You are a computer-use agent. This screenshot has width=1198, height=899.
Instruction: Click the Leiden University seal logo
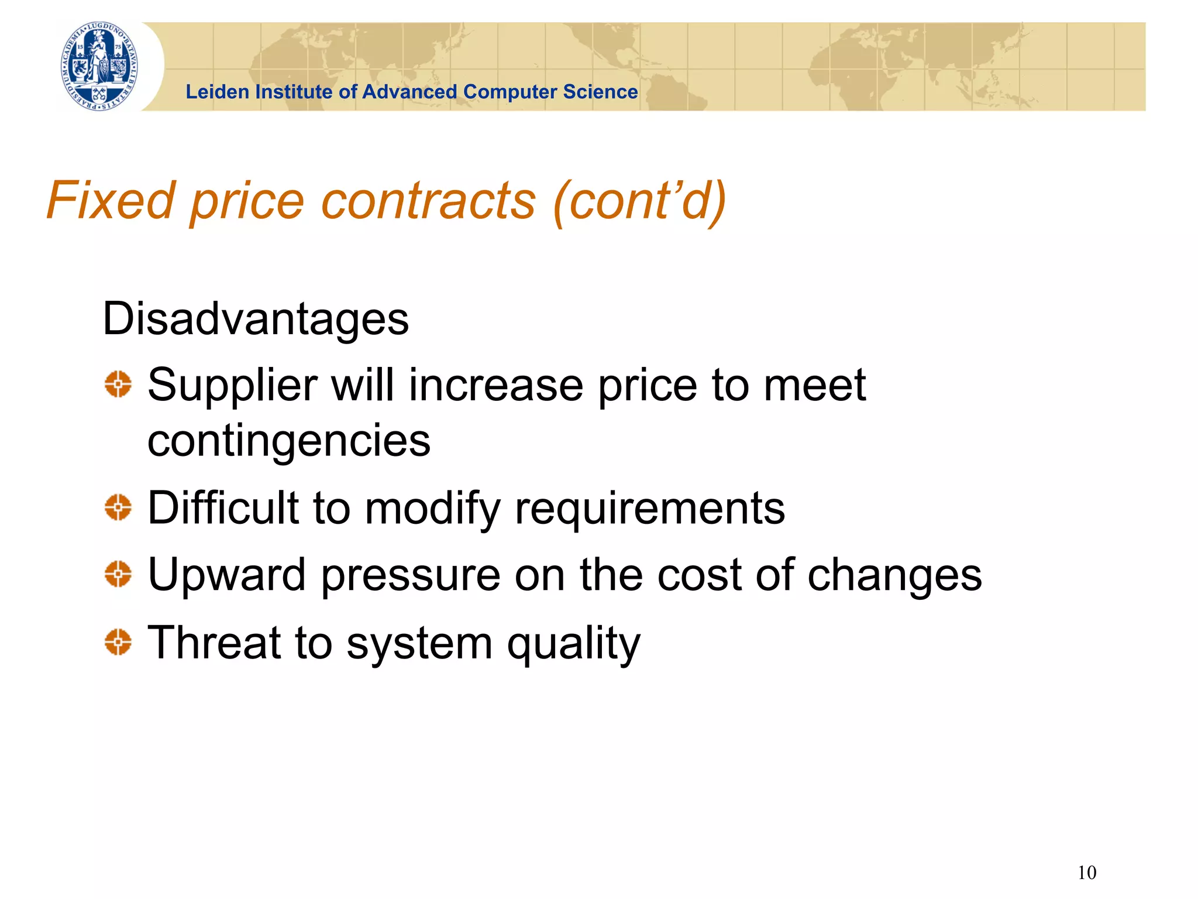point(100,66)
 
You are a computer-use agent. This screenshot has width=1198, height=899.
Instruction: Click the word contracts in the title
point(429,200)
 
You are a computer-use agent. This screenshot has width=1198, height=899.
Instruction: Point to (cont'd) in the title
point(639,200)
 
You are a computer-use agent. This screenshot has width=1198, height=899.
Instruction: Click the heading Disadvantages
point(256,319)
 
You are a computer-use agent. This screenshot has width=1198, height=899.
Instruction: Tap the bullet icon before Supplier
point(118,385)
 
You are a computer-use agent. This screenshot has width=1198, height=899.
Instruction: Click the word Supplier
point(232,386)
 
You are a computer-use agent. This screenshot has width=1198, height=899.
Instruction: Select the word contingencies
point(288,441)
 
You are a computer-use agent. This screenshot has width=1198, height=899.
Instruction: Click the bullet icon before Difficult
point(118,507)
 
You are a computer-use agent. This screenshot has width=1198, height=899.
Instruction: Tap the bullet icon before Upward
point(118,574)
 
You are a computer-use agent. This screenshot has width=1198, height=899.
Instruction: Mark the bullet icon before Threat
point(118,641)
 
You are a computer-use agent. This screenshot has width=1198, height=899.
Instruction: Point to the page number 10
point(1086,873)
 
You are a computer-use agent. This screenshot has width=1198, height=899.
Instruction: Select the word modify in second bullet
point(432,508)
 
